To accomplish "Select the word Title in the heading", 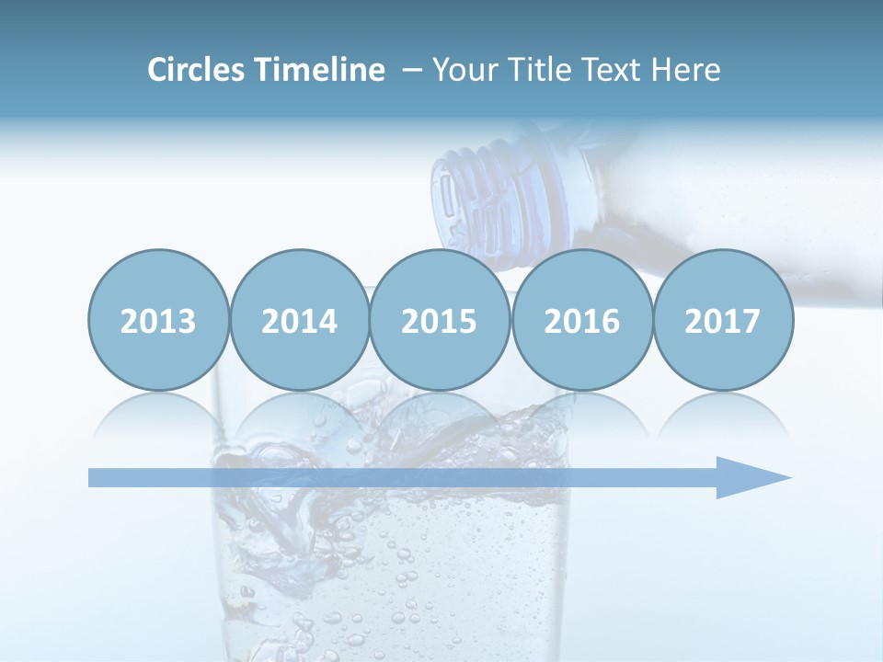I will coord(533,70).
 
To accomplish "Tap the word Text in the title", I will coord(611,70).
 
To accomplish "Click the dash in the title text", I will coord(412,70).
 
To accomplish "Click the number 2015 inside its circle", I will coord(440,321).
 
